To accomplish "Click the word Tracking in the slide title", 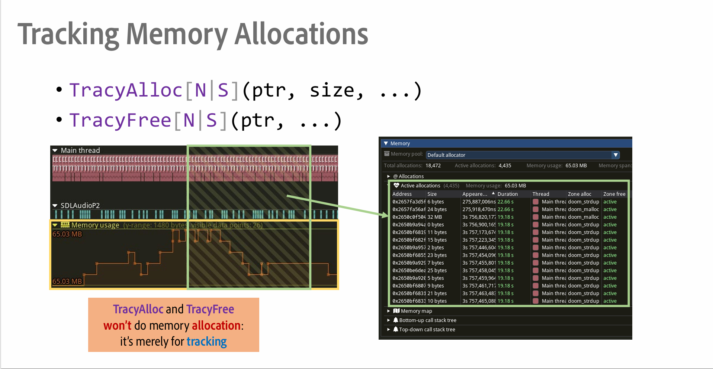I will coord(68,35).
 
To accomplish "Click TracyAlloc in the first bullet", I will coord(126,90).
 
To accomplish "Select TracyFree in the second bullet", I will coord(120,120).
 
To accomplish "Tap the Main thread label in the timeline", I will coord(80,150).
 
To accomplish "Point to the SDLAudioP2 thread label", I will coord(80,205).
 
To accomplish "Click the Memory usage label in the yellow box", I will coord(95,225).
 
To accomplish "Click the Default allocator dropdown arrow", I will coord(616,155).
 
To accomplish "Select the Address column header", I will coord(402,194).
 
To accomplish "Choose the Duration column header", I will coord(507,194).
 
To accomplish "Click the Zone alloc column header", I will coord(579,194).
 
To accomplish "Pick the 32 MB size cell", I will coord(434,217).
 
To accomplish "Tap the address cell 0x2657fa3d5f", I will coord(409,202).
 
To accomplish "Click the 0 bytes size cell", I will coord(436,225).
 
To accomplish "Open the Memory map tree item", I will coord(416,311).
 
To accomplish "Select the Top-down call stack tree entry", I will coord(427,330).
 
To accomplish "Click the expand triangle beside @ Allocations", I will coord(388,176).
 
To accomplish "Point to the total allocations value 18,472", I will coord(433,166).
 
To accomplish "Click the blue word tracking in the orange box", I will coord(206,342).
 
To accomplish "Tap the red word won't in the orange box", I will coord(117,326).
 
